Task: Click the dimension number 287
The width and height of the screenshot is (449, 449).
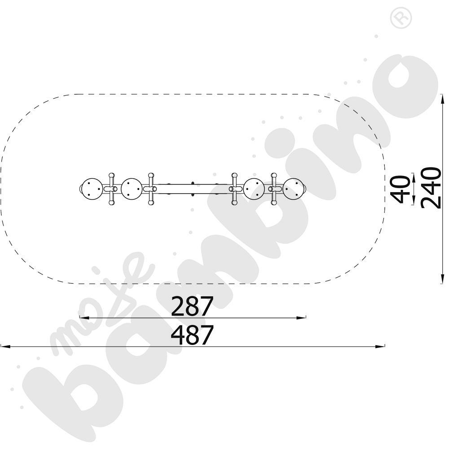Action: tap(192, 306)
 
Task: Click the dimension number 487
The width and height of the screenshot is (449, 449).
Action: tap(192, 335)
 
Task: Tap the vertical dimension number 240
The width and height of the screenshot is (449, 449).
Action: tap(431, 188)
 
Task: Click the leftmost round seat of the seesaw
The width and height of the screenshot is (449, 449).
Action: tap(92, 189)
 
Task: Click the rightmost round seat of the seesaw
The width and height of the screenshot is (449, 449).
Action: tap(294, 189)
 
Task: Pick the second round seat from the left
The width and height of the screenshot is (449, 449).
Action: tap(132, 189)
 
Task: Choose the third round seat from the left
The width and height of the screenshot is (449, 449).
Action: tap(254, 189)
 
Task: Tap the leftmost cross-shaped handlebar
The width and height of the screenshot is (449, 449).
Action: tap(111, 189)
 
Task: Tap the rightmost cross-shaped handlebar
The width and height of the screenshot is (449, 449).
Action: tap(274, 189)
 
